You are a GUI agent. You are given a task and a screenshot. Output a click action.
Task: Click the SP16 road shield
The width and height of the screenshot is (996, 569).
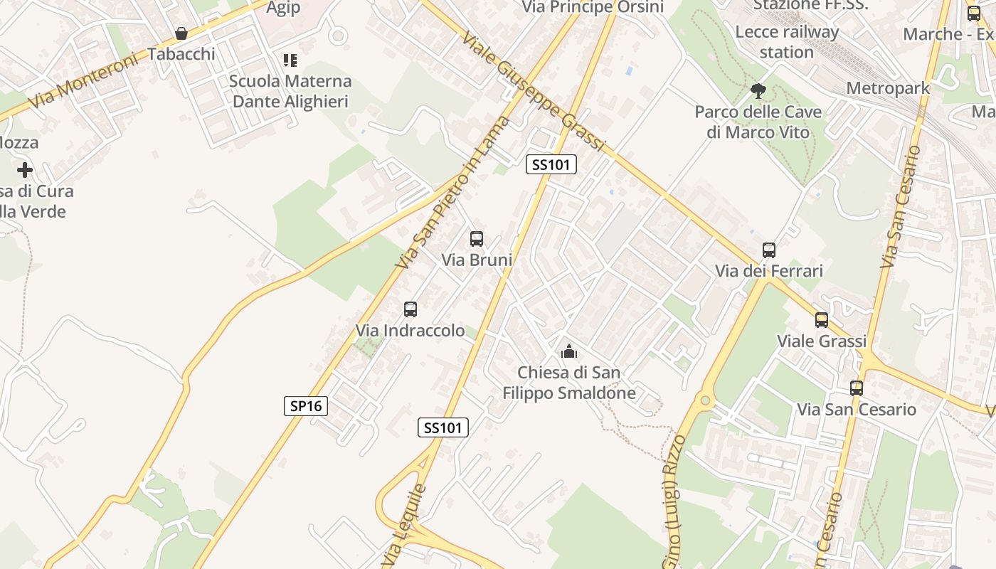[307, 406]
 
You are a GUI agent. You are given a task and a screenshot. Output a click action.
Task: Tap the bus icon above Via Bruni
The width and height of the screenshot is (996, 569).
[477, 239]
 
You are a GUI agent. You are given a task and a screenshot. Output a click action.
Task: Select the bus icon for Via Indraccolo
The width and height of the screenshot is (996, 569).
[410, 309]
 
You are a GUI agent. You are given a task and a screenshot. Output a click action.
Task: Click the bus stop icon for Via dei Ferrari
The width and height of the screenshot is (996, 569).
[769, 250]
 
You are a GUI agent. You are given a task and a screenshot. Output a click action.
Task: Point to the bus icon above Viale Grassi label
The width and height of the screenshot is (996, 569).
[822, 320]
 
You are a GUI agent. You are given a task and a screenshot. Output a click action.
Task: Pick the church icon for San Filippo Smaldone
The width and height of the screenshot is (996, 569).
[568, 351]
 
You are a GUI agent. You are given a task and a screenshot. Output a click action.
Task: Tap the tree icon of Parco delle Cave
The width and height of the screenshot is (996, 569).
[758, 90]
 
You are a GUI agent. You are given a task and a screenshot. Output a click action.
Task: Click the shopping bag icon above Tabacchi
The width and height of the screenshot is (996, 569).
[181, 33]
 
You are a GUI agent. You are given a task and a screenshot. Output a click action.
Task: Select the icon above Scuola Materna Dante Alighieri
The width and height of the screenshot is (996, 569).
[290, 60]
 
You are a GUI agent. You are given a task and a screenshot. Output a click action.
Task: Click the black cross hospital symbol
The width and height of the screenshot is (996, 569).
[25, 170]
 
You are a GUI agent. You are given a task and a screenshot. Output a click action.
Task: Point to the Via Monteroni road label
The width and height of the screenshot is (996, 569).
[85, 80]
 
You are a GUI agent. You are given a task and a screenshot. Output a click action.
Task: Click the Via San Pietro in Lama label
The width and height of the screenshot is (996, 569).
[454, 192]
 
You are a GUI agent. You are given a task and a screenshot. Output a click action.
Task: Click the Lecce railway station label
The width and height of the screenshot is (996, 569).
[787, 42]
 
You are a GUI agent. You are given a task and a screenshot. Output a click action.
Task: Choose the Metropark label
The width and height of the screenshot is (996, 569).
[888, 88]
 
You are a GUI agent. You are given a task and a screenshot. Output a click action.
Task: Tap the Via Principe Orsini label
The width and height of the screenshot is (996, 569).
[593, 7]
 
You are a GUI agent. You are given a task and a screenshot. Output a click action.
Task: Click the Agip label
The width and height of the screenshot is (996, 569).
[283, 8]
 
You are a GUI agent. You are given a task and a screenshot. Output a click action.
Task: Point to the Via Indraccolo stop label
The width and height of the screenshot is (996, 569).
[410, 331]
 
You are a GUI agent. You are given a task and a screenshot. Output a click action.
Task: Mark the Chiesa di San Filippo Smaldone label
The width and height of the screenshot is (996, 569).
[568, 383]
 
